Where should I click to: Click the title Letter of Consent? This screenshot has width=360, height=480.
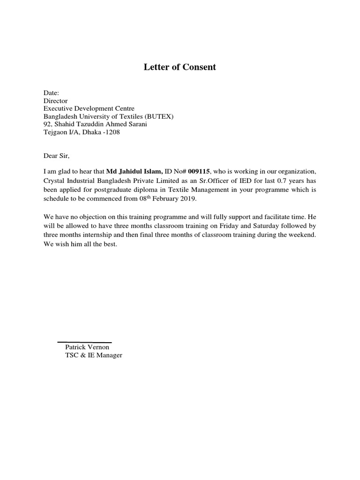[x=180, y=67]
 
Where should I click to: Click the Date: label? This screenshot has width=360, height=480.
[x=52, y=93]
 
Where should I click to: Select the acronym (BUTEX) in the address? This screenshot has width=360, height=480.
[x=151, y=117]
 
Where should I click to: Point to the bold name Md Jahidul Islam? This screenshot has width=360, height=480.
[x=135, y=172]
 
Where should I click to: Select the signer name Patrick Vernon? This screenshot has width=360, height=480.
[x=87, y=347]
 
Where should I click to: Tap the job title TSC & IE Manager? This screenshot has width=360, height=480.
[x=94, y=355]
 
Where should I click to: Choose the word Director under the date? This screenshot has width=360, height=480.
[x=55, y=101]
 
